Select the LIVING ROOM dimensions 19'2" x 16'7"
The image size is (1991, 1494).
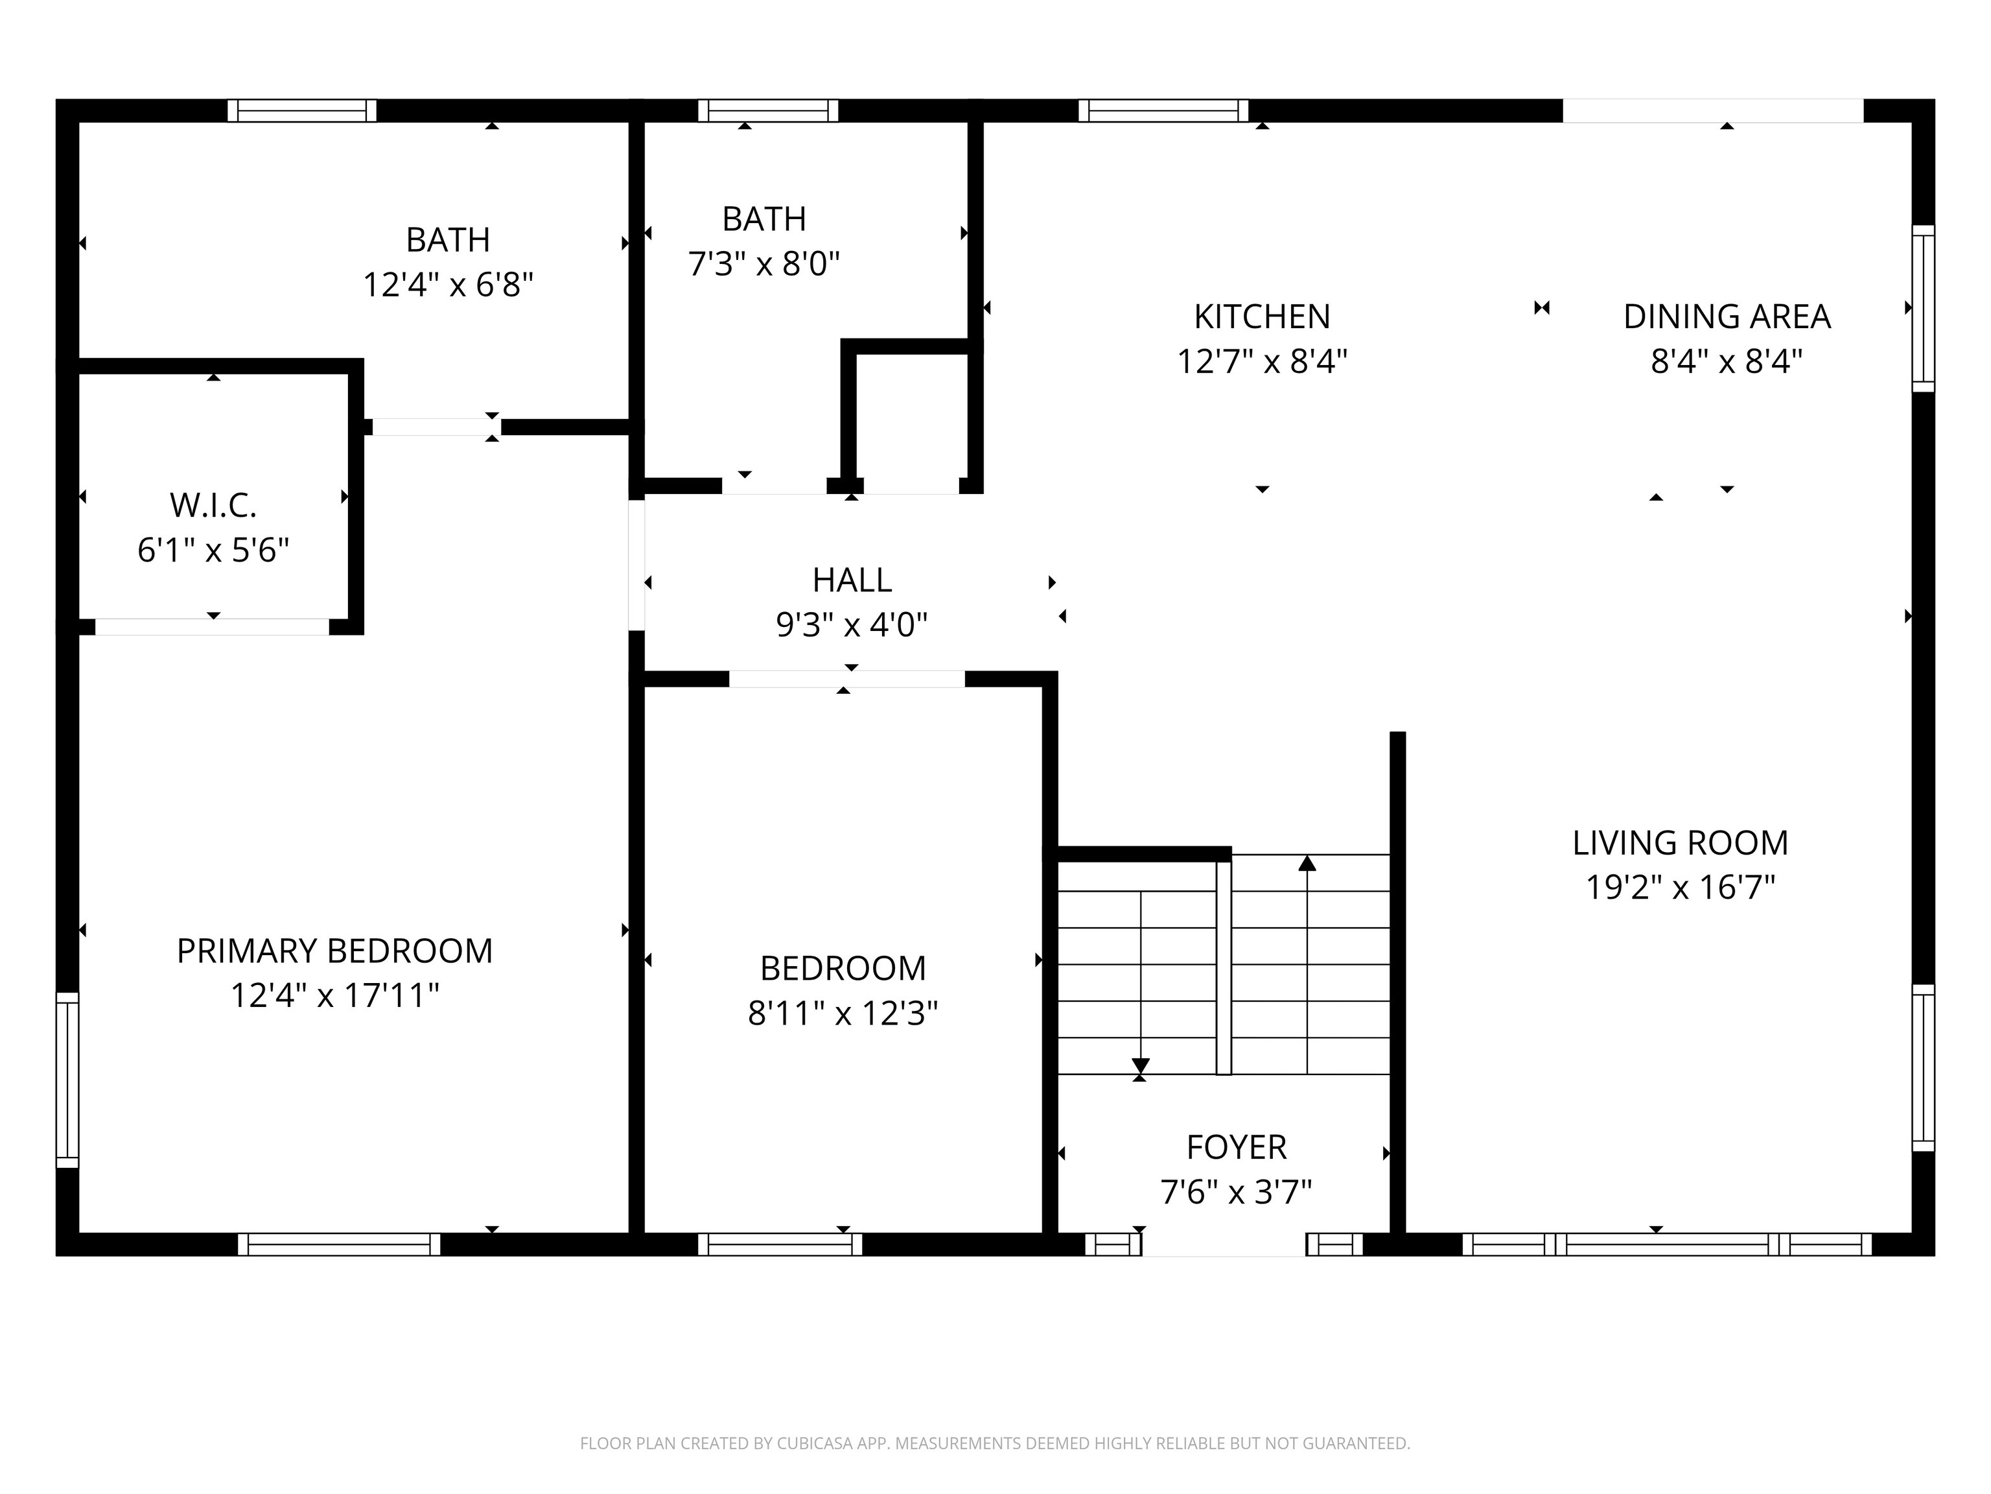coord(1679,887)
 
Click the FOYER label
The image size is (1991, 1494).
coord(1236,1146)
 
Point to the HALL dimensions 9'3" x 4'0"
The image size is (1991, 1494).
coord(852,624)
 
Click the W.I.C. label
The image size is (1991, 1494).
coord(213,505)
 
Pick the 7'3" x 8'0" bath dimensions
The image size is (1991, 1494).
coord(763,264)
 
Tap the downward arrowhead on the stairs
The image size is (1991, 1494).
coord(1141,1065)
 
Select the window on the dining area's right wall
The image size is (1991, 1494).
coord(1922,308)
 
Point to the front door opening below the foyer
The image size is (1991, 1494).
coord(1224,1244)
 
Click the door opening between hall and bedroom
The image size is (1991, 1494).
coord(846,679)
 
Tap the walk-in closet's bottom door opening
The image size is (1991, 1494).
coord(213,627)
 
